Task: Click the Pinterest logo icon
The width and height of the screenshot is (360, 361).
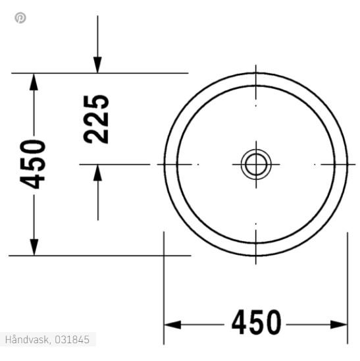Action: [20, 18]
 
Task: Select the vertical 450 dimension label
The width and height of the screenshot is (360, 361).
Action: [34, 163]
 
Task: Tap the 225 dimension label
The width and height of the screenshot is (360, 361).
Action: [96, 119]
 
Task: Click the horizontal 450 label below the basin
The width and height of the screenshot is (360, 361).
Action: [256, 323]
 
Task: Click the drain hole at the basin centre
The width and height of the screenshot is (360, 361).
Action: [255, 163]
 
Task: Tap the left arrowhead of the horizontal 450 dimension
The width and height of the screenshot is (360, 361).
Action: [172, 324]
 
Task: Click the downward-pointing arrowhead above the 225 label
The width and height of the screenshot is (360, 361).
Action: [97, 64]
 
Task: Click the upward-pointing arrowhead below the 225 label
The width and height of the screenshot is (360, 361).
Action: [97, 173]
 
